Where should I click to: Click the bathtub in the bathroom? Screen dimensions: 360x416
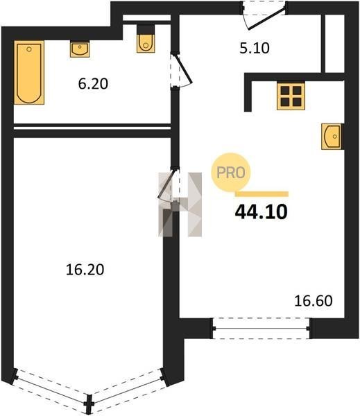coord(29,72)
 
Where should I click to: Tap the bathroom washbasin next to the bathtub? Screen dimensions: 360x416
coord(80,49)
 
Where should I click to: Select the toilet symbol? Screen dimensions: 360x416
coord(146,43)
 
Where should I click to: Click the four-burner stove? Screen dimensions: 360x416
coord(291,96)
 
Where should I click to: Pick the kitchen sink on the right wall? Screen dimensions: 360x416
coord(332,137)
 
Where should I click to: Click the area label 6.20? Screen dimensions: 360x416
coord(93,84)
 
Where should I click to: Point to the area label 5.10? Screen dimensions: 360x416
coord(255,49)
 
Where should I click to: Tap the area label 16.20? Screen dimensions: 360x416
coord(85,270)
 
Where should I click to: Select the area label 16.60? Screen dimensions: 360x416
coord(314,301)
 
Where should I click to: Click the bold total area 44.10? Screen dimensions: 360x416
coord(262,212)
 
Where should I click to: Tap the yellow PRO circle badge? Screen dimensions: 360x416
coord(231,173)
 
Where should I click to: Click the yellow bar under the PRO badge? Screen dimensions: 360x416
coord(262,194)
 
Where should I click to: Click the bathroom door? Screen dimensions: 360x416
coord(182,70)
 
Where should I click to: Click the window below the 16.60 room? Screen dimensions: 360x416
coord(262,329)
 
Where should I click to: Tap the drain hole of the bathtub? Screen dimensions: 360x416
coord(29,49)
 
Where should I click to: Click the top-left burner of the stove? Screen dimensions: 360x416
coord(285,90)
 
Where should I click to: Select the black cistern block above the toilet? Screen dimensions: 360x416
coord(146,29)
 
